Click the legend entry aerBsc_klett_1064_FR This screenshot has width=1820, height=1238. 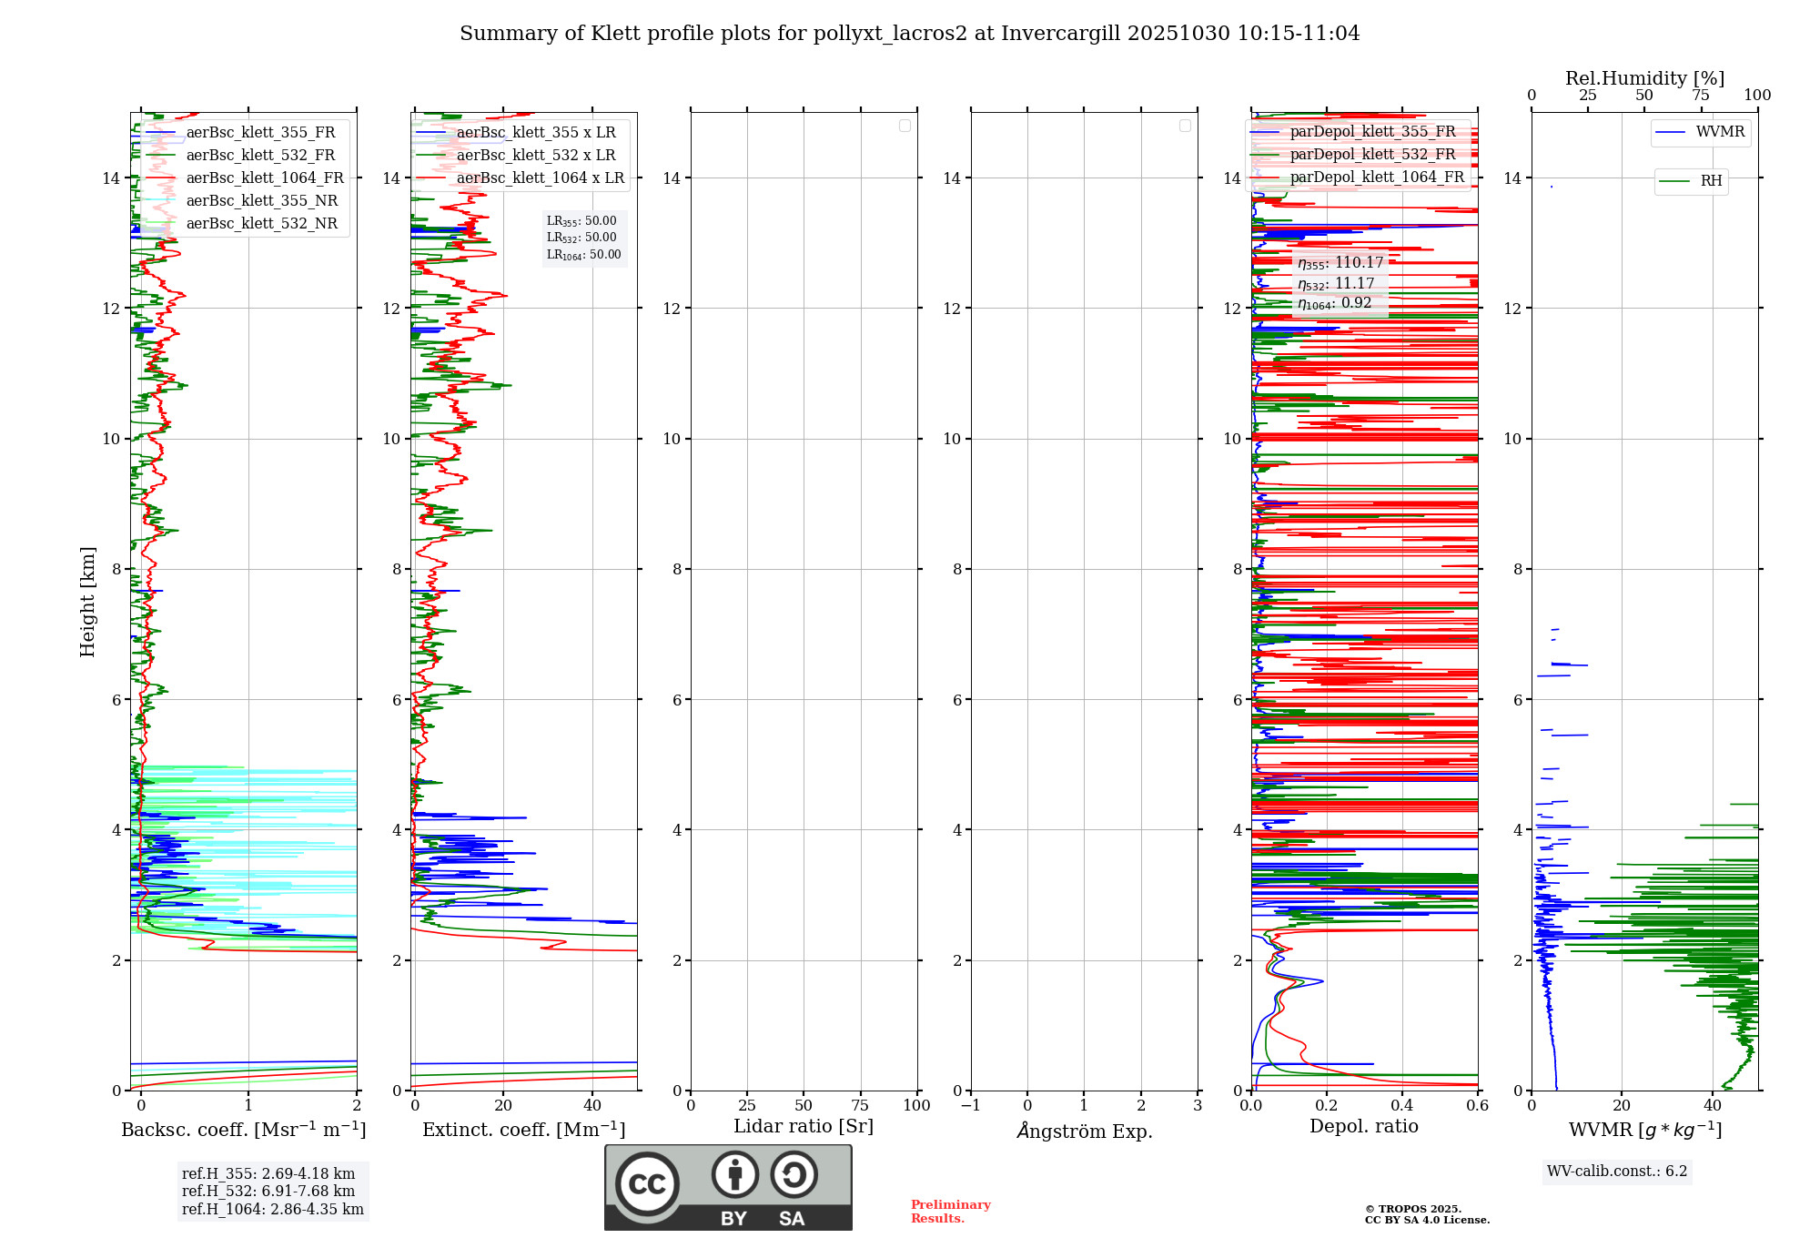pyautogui.click(x=264, y=178)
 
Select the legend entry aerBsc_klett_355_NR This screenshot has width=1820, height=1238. pyautogui.click(x=261, y=201)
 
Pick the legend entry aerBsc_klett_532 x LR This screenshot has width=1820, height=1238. pyautogui.click(x=535, y=156)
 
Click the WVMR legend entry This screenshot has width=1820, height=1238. pyautogui.click(x=1719, y=132)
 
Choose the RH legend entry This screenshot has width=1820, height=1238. pyautogui.click(x=1710, y=181)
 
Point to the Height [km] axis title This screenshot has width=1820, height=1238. pyautogui.click(x=87, y=601)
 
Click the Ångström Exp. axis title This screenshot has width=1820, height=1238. pyautogui.click(x=1084, y=1131)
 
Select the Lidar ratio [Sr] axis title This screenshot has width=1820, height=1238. pyautogui.click(x=804, y=1126)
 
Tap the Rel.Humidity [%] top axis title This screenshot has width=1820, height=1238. pyautogui.click(x=1644, y=78)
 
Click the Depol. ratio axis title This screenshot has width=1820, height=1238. pyautogui.click(x=1363, y=1126)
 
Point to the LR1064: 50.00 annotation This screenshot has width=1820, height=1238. pyautogui.click(x=584, y=255)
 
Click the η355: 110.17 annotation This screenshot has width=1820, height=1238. pyautogui.click(x=1340, y=263)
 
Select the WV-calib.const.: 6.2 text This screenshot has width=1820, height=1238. pyautogui.click(x=1617, y=1172)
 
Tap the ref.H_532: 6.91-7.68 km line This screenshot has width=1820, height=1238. pyautogui.click(x=268, y=1192)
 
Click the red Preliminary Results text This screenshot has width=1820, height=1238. pyautogui.click(x=950, y=1212)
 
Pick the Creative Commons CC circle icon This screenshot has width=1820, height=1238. pyautogui.click(x=647, y=1183)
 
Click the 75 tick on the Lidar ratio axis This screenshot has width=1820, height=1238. pyautogui.click(x=860, y=1105)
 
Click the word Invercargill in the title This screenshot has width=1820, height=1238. pyautogui.click(x=1060, y=34)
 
